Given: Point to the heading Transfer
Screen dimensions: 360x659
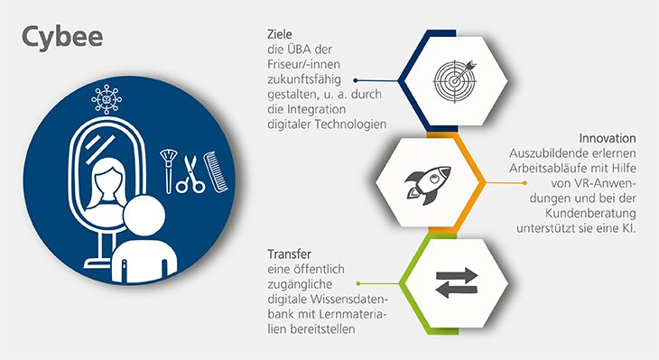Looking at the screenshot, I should (291, 254).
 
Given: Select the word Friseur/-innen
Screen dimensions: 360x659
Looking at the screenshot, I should (307, 65).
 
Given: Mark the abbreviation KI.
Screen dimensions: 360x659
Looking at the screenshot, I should (628, 228).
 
